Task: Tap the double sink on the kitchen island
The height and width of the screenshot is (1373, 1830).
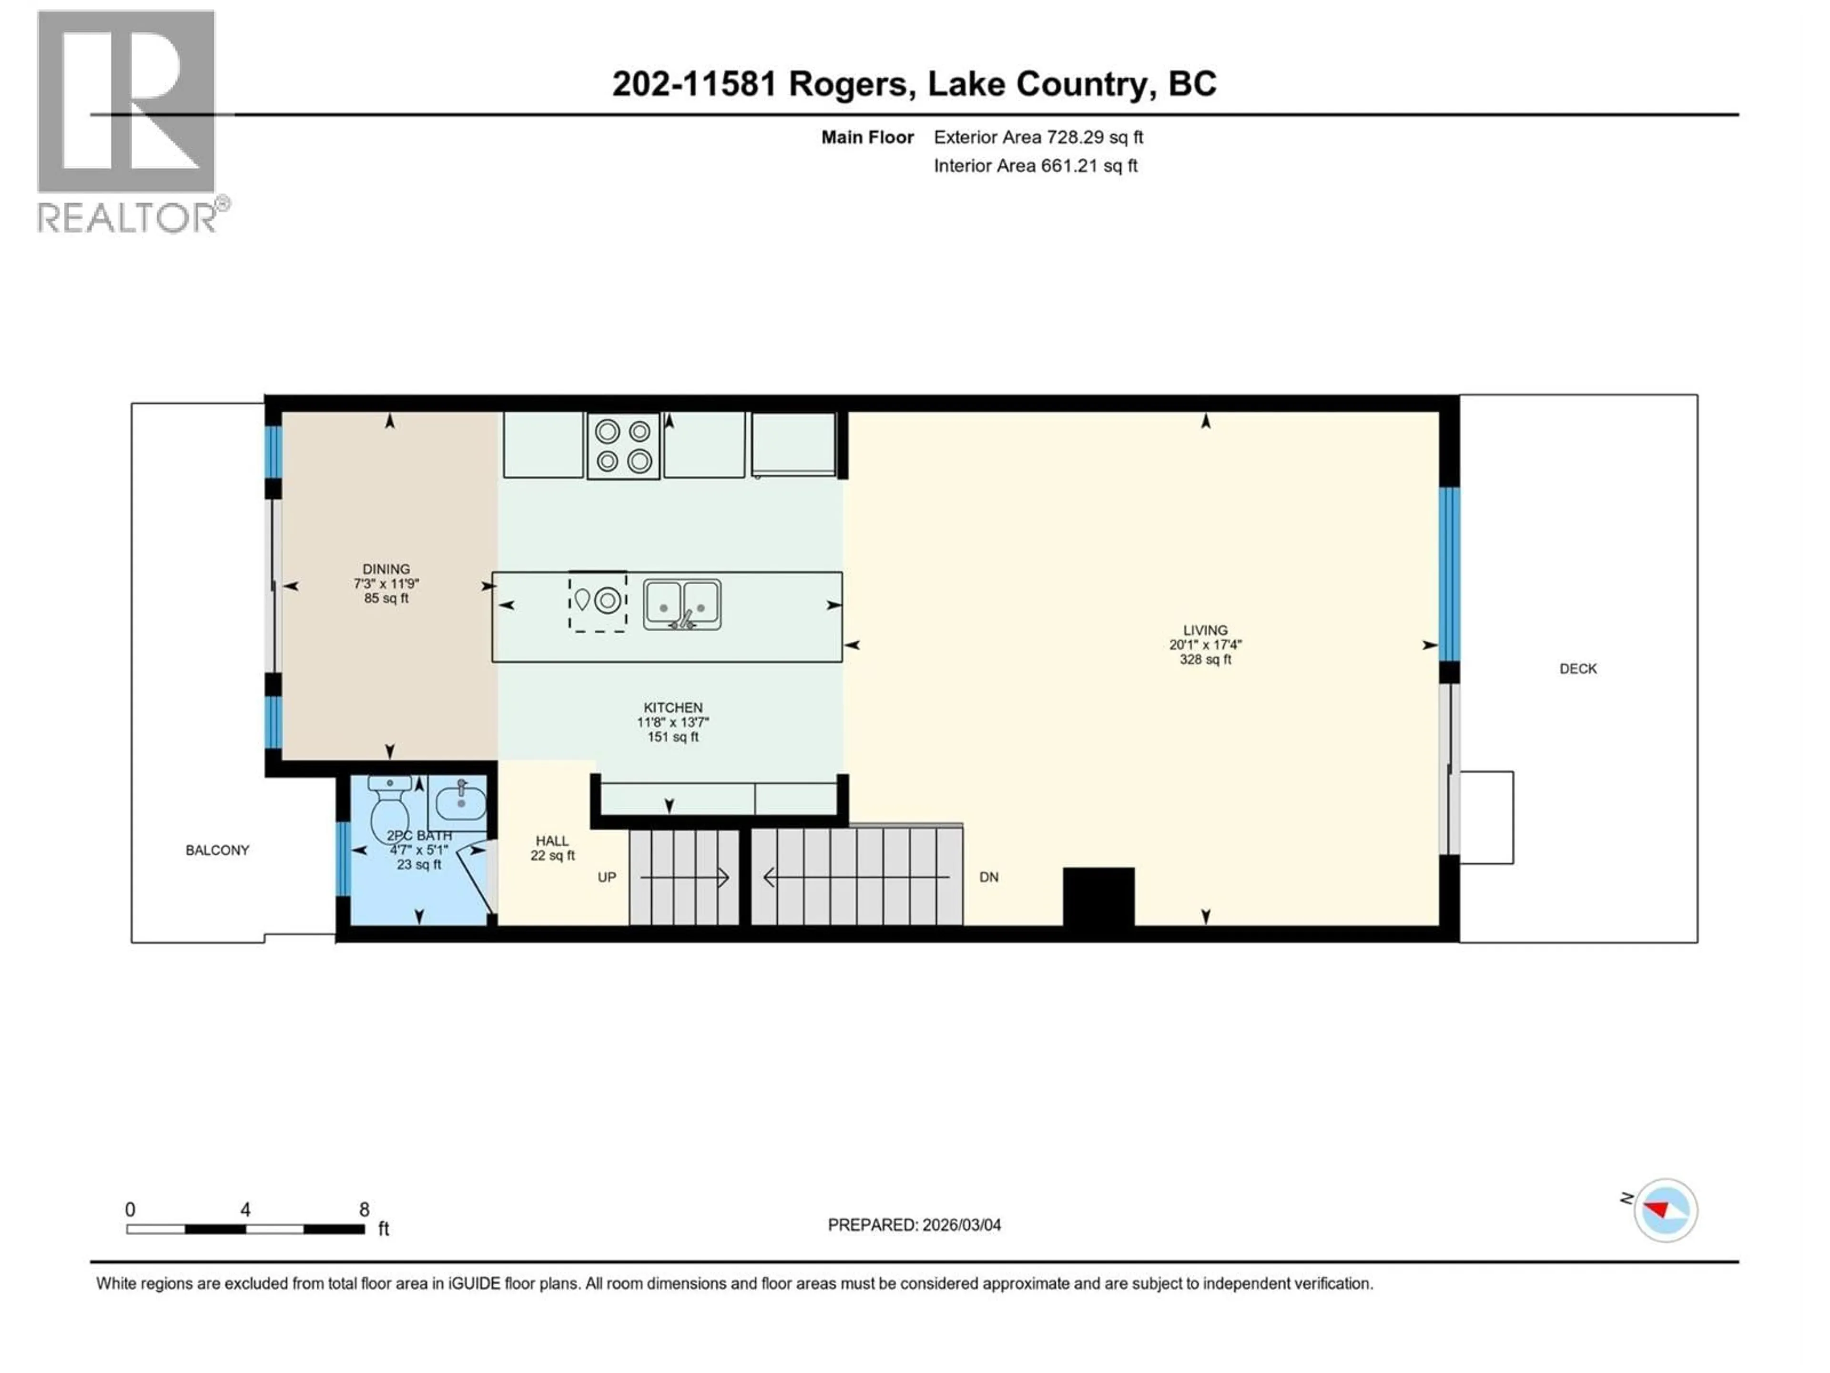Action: point(681,605)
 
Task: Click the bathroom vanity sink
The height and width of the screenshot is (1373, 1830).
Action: point(460,801)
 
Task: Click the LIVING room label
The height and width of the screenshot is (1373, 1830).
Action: point(1205,631)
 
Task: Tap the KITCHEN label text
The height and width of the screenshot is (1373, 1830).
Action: point(672,707)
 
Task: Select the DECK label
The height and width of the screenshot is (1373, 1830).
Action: point(1578,669)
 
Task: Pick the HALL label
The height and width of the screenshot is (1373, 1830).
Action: point(552,841)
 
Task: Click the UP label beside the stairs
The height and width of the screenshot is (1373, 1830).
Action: point(606,877)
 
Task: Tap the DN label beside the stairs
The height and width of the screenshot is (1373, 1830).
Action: point(989,877)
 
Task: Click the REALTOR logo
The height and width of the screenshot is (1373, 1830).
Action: point(128,120)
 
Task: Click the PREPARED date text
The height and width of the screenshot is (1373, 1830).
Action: point(914,1225)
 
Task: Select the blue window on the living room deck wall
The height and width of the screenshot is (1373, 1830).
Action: point(1449,574)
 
